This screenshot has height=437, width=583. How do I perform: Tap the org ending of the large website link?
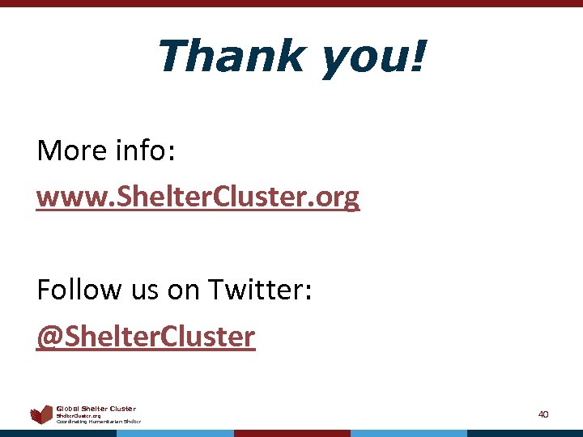point(340,198)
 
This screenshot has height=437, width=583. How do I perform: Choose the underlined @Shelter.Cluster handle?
point(146,336)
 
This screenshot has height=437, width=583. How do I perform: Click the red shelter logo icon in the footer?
point(41,415)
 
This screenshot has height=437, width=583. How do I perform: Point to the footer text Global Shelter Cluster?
point(96,409)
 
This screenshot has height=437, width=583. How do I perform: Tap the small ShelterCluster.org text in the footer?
point(79,416)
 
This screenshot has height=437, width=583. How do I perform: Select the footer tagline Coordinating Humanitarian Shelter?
point(98,422)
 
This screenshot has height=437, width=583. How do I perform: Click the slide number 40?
point(543,414)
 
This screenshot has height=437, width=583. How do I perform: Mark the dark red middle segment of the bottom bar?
point(291,433)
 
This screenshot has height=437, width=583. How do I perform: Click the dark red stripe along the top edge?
point(291,3)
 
